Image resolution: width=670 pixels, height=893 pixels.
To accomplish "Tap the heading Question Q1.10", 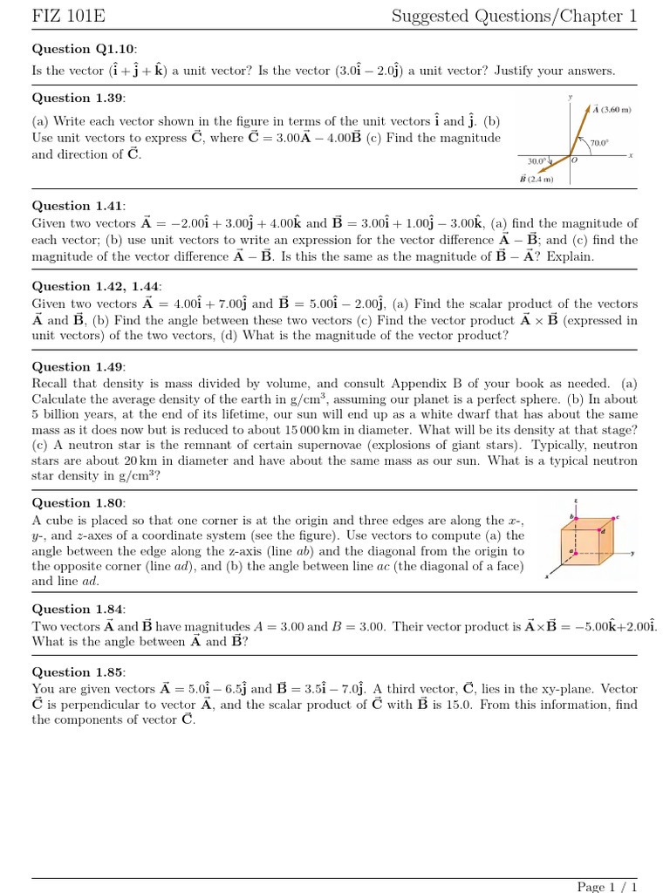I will tap(85, 49).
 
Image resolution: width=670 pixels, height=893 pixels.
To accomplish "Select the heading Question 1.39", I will tap(79, 98).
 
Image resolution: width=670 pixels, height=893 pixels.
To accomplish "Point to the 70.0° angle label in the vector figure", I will tap(598, 142).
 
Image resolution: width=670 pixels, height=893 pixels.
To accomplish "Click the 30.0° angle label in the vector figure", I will tap(537, 160).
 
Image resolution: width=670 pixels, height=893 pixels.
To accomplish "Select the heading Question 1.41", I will tap(79, 206).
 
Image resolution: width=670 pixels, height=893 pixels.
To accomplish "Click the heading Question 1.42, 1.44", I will tap(98, 286).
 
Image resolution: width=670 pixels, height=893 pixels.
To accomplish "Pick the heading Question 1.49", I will tap(79, 366).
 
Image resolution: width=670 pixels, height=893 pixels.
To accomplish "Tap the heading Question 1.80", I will tap(79, 502).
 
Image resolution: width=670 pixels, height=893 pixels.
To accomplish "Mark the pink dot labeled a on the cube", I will tap(574, 552).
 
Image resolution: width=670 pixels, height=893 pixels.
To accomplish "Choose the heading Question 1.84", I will tap(79, 609).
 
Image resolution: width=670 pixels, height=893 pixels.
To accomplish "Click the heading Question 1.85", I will tap(79, 671).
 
